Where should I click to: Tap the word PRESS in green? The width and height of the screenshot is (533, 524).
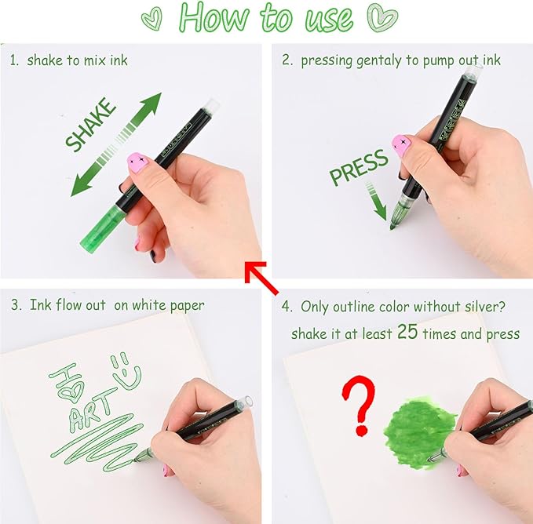(x=359, y=168)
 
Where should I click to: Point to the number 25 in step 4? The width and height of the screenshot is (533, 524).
(x=407, y=332)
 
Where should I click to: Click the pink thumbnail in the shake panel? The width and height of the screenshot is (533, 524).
(x=138, y=161)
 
